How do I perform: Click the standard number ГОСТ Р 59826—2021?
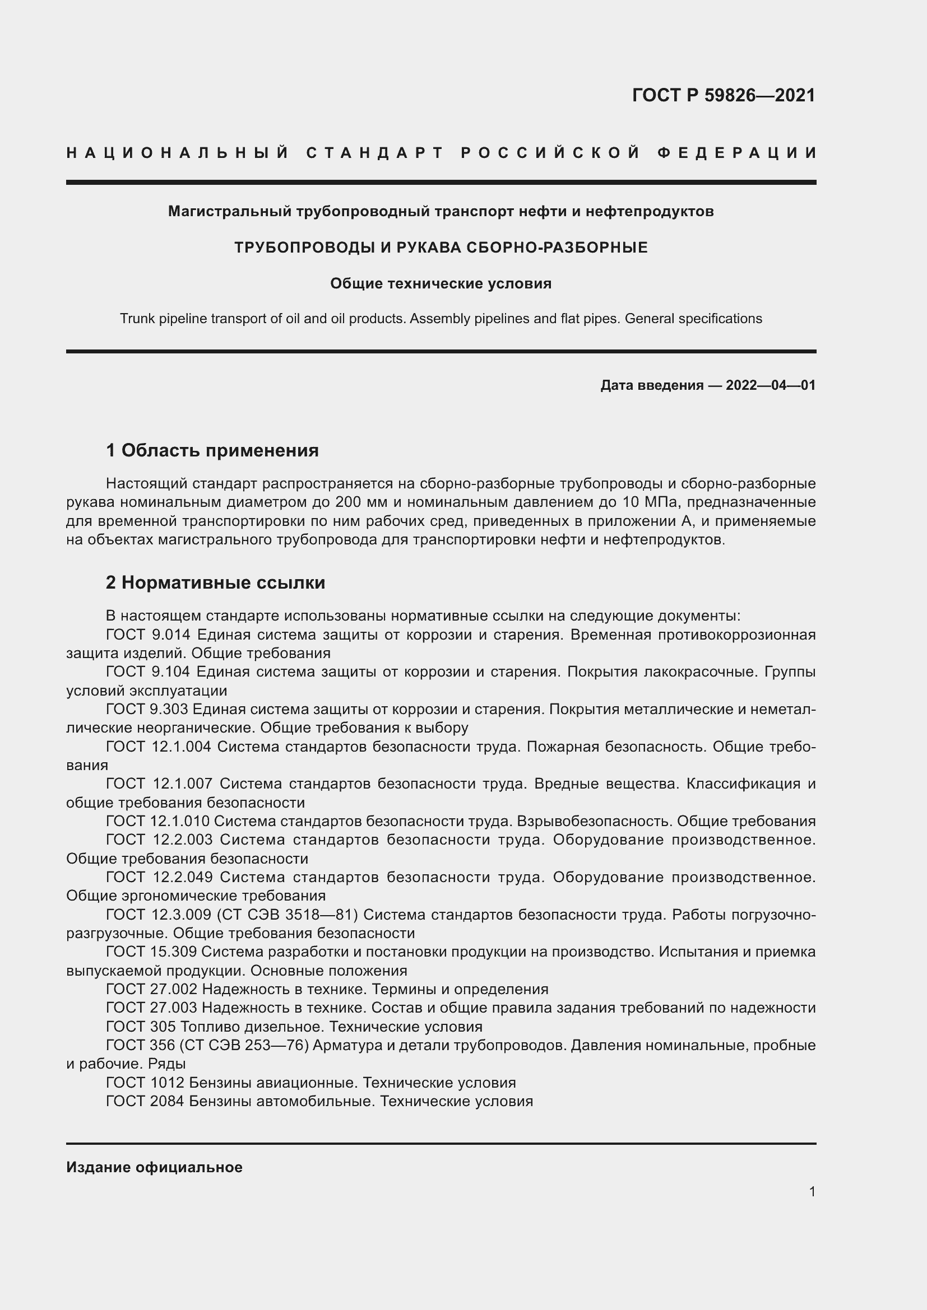[x=723, y=95]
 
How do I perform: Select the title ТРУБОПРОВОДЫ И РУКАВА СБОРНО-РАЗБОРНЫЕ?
[x=441, y=248]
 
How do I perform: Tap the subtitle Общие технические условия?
[x=441, y=283]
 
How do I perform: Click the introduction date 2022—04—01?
[x=770, y=385]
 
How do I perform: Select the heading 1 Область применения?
[x=212, y=451]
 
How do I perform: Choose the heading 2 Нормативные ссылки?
[x=215, y=582]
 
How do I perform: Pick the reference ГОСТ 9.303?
[x=147, y=709]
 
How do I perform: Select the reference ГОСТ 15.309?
[x=151, y=952]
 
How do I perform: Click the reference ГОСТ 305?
[x=141, y=1027]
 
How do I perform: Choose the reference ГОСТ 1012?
[x=145, y=1083]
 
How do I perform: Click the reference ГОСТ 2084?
[x=145, y=1101]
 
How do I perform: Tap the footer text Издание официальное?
[x=154, y=1167]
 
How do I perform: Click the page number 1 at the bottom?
[x=812, y=1191]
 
